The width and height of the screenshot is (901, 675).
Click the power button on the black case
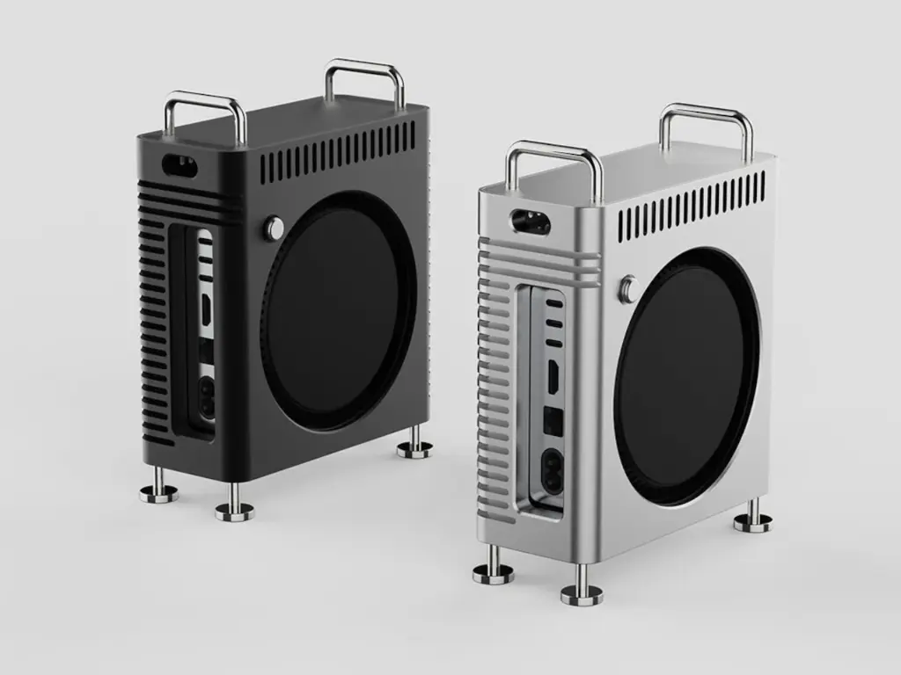point(275,229)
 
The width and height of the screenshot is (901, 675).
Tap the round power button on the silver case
point(628,289)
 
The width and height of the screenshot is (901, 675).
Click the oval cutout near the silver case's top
point(530,221)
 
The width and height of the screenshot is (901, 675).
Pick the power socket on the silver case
point(553,468)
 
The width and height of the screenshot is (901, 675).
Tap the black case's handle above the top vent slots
point(364,77)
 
